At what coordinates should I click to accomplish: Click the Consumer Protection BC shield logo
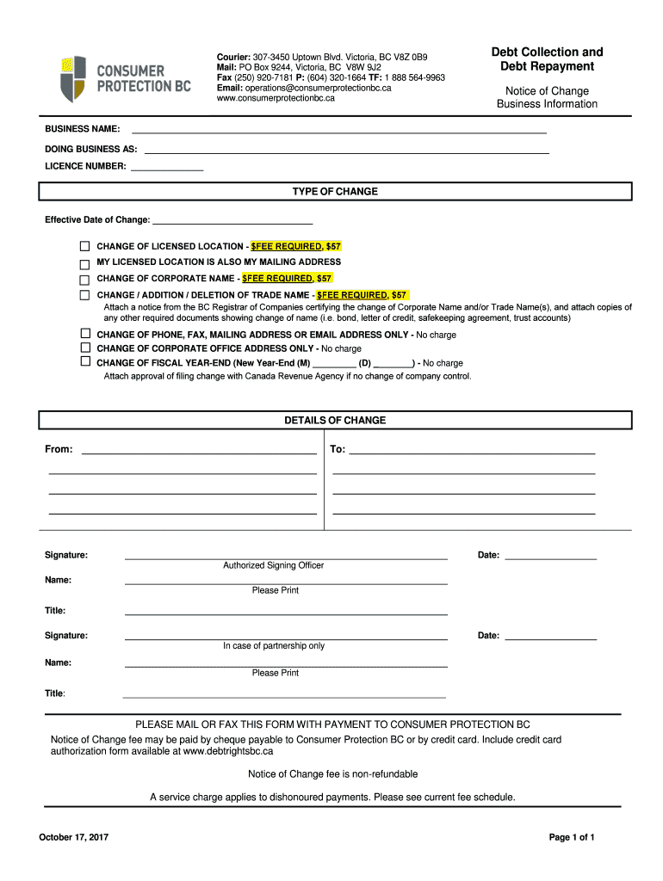73,78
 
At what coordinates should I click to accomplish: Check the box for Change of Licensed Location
84,247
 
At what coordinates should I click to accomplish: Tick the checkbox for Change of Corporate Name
84,280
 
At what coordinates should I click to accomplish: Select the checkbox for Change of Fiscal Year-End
84,362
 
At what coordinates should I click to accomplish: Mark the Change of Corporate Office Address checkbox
84,348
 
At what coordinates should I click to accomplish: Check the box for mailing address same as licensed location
84,263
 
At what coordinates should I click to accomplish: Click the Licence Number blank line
166,169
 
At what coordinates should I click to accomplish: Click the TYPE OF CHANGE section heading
335,191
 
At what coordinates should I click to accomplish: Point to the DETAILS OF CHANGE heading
335,421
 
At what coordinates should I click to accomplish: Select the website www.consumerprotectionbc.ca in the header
276,98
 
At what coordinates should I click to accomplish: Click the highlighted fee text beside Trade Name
362,295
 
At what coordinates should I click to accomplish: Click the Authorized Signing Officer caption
274,565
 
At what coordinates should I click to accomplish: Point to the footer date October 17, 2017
73,837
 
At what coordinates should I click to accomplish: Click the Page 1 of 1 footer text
572,837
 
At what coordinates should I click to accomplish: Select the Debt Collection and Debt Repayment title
547,59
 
